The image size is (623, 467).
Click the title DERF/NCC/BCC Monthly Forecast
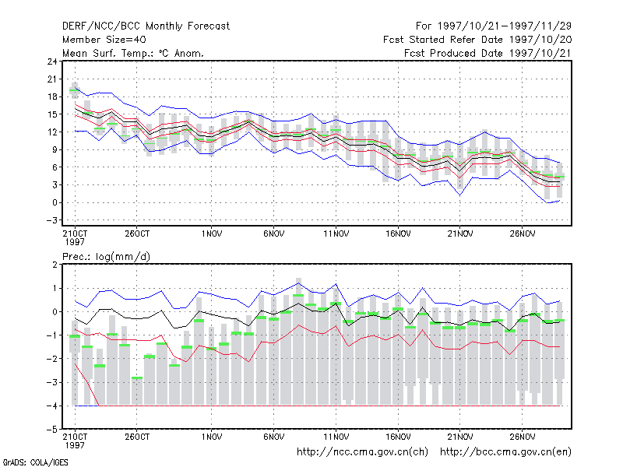pyautogui.click(x=146, y=26)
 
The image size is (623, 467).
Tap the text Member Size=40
pyautogui.click(x=104, y=40)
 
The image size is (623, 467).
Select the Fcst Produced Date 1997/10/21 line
pyautogui.click(x=487, y=53)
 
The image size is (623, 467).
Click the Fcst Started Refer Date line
pyautogui.click(x=477, y=40)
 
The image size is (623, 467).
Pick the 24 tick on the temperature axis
pyautogui.click(x=52, y=61)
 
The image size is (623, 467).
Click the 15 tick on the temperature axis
pyautogui.click(x=52, y=114)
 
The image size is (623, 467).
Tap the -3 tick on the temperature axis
pyautogui.click(x=51, y=220)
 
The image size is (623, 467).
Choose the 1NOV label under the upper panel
pyautogui.click(x=211, y=233)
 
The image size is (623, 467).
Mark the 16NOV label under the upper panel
pyautogui.click(x=398, y=233)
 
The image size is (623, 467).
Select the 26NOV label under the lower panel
pyautogui.click(x=522, y=437)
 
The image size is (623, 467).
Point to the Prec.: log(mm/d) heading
pyautogui.click(x=106, y=257)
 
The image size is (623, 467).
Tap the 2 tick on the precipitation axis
pyautogui.click(x=55, y=265)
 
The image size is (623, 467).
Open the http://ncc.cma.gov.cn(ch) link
pyautogui.click(x=362, y=452)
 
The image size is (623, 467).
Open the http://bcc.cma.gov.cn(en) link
pyautogui.click(x=505, y=452)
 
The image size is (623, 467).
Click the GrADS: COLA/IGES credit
pyautogui.click(x=36, y=462)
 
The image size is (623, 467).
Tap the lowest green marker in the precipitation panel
pyautogui.click(x=137, y=377)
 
